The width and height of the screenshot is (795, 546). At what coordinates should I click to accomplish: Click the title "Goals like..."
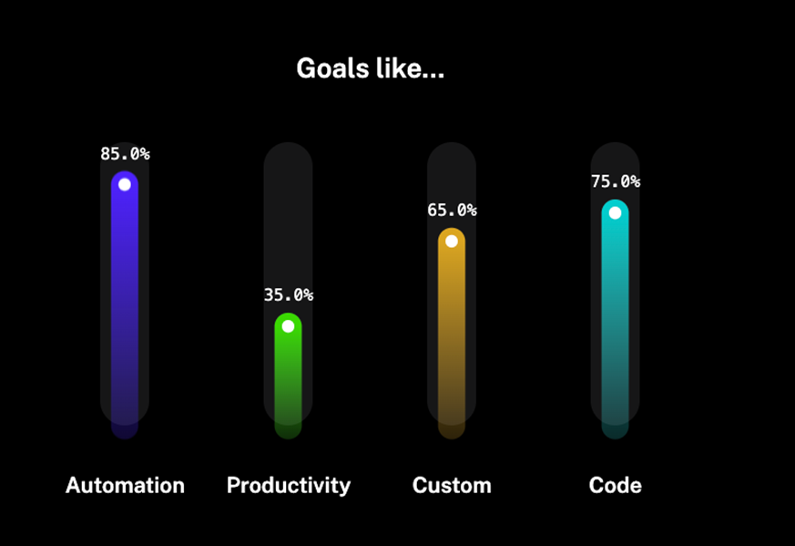point(370,68)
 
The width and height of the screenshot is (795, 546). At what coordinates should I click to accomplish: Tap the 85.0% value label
point(125,154)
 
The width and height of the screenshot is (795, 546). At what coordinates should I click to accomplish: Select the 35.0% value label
point(288,294)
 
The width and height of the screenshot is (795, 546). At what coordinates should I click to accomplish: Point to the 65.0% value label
point(452,210)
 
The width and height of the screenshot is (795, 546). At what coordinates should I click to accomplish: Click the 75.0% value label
point(616,181)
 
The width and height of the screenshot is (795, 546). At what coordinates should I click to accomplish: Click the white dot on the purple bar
point(125,185)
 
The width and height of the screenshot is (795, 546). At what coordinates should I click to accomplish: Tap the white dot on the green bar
point(288,326)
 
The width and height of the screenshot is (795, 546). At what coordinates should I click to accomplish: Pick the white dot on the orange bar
point(452,242)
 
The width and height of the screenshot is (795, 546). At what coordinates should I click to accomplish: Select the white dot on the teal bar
point(615,213)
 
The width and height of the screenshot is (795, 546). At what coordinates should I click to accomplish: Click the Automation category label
point(125,486)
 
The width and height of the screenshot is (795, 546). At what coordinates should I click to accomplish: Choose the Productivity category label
point(289,486)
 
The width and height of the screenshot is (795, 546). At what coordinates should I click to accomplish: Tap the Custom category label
point(452,486)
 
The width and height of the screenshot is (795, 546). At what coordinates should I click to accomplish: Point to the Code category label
point(615,486)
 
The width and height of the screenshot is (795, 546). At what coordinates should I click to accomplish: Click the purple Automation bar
point(125,304)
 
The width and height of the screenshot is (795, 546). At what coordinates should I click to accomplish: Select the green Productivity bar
point(288,376)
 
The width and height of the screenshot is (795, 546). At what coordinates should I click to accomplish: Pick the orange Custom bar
point(452,334)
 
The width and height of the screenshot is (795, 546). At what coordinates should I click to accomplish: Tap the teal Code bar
point(615,319)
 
